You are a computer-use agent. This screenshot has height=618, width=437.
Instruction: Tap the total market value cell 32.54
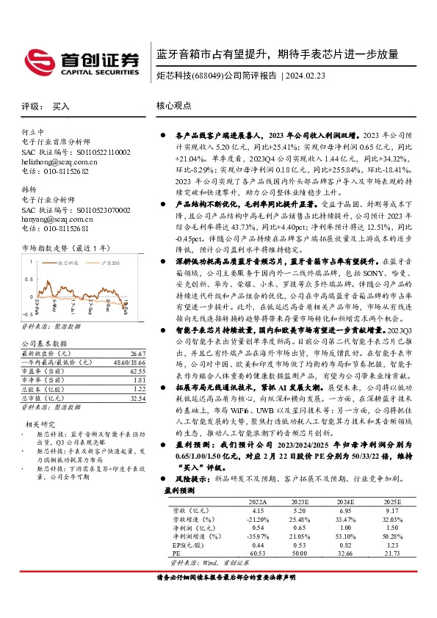coord(137,377)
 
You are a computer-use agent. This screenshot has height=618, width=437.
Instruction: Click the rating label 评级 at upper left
coord(30,106)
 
